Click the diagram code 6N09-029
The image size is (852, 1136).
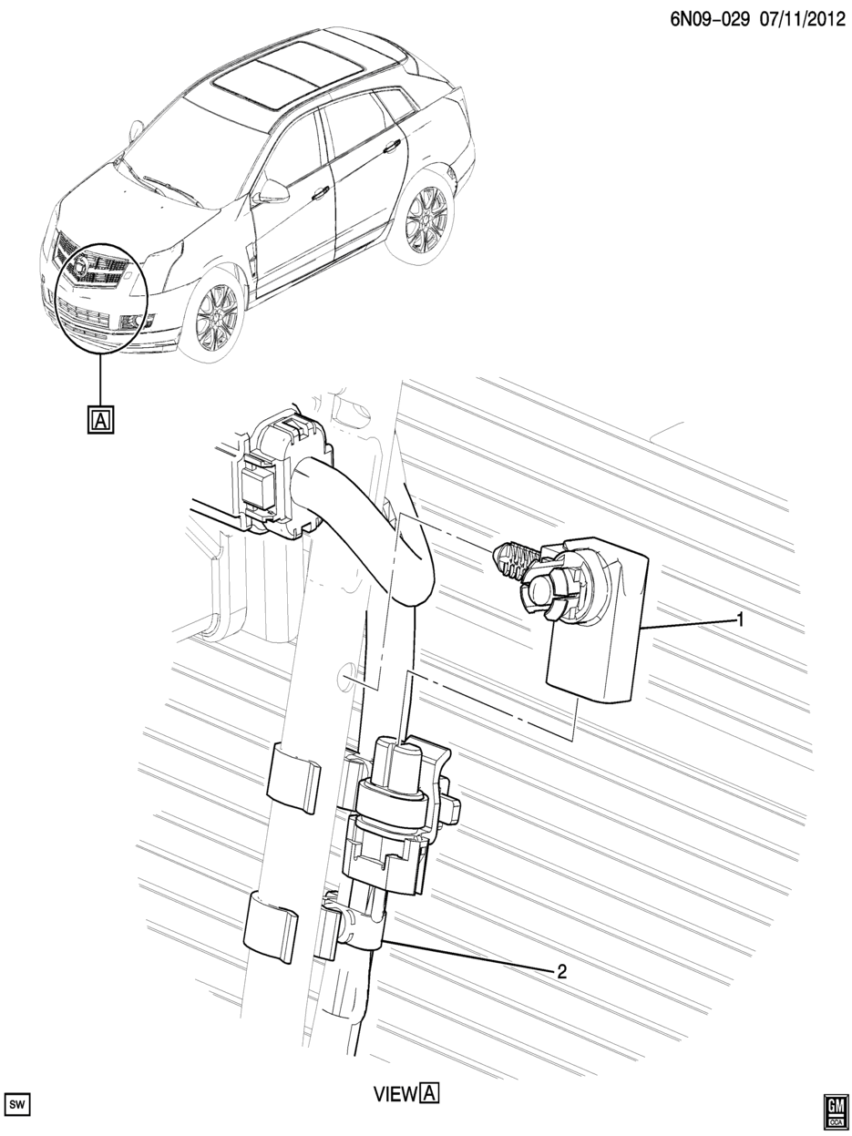coord(709,20)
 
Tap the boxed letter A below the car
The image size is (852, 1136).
coord(100,420)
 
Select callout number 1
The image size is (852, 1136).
coord(740,619)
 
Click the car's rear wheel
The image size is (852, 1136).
coord(426,220)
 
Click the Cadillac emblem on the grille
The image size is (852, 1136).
coord(81,267)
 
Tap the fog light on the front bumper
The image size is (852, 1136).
coord(128,324)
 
